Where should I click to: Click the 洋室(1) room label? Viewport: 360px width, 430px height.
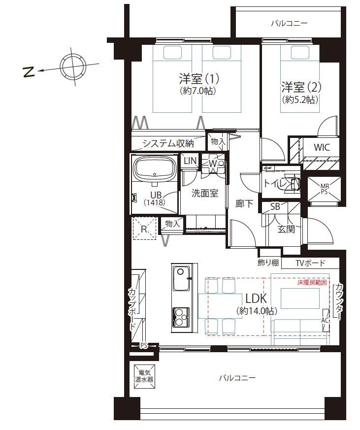199,79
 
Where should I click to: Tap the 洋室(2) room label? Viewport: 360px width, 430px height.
301,88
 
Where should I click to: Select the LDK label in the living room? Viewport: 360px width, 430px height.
256,298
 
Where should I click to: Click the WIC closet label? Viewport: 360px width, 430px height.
322,147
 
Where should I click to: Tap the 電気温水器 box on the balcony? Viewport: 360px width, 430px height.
144,376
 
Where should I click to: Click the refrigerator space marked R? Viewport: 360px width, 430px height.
144,229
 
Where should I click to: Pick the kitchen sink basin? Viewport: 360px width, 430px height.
181,278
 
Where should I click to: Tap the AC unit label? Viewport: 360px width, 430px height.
325,320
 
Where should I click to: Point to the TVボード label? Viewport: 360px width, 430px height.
310,263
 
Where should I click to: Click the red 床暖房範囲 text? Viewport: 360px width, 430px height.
312,282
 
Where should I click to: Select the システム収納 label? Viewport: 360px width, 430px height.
168,143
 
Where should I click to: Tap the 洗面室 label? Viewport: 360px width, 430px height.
205,194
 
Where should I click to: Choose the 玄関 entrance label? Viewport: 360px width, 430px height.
286,229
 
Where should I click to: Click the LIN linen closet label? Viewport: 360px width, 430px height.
190,161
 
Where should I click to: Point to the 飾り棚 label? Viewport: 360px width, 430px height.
268,263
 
